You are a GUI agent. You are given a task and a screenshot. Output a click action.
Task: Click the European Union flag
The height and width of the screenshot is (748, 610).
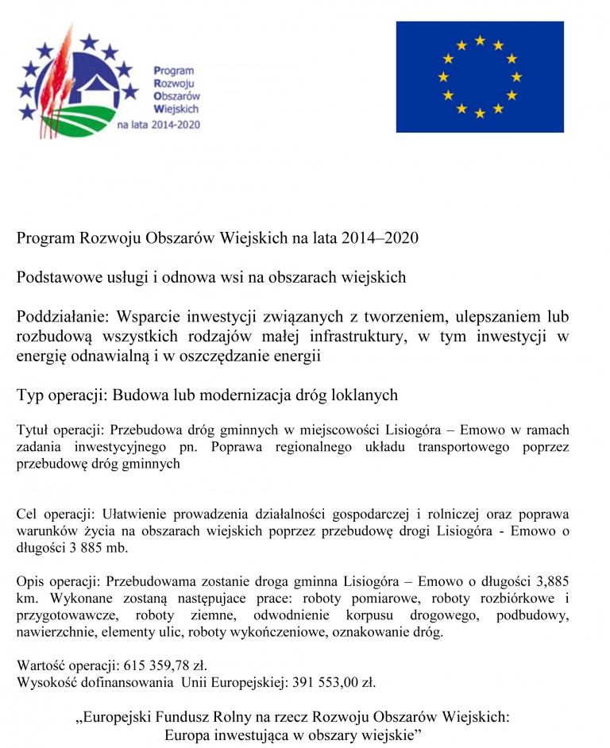480,76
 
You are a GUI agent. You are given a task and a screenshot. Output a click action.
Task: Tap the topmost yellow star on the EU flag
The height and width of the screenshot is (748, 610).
480,40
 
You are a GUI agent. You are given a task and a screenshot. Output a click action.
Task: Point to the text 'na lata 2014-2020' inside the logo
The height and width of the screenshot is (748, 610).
159,125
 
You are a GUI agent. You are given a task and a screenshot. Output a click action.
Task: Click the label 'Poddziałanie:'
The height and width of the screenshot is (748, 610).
60,317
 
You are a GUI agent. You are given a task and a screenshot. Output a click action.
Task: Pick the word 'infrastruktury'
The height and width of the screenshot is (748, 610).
349,337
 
